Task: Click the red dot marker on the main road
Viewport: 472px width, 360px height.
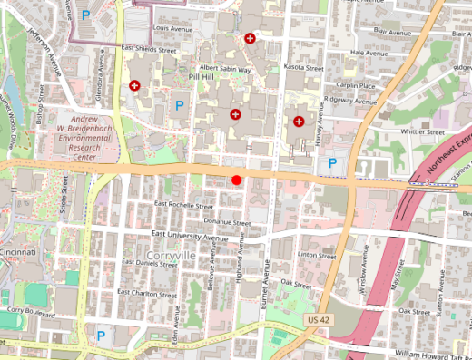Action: (237, 180)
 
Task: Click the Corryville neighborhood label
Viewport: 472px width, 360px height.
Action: (171, 256)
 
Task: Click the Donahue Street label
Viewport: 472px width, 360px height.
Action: (227, 221)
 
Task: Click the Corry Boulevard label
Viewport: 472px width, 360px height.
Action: (26, 309)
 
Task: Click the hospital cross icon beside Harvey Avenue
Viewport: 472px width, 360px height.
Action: (299, 121)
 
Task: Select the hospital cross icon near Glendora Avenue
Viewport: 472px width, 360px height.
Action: (135, 85)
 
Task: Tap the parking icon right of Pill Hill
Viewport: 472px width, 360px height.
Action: (180, 106)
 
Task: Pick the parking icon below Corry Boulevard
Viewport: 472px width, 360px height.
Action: (101, 335)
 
